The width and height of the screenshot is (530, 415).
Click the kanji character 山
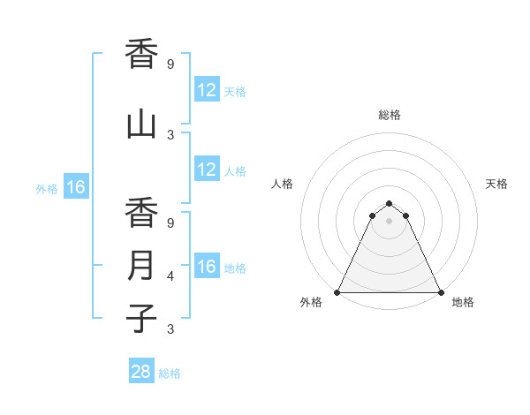141,123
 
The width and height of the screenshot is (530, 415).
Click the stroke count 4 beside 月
170,276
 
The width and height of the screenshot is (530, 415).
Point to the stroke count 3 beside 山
170,135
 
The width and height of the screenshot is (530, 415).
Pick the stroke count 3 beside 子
170,329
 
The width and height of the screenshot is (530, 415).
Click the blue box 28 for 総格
141,372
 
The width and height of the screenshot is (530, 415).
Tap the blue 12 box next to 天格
207,89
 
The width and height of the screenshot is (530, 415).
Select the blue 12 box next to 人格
207,170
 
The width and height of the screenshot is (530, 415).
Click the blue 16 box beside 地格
207,267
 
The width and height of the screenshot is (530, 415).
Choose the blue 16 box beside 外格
75,187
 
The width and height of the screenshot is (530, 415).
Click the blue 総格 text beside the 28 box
170,373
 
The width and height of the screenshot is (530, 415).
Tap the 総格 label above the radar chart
390,115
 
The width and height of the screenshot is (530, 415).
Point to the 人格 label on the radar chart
283,184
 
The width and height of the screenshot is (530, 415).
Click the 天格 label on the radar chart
496,184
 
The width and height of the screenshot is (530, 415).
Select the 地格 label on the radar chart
463,302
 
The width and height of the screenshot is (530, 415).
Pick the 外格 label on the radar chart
311,302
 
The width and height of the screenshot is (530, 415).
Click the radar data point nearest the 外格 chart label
337,292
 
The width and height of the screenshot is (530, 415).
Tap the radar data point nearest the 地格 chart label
440,292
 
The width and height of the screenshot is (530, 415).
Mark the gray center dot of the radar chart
389,220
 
